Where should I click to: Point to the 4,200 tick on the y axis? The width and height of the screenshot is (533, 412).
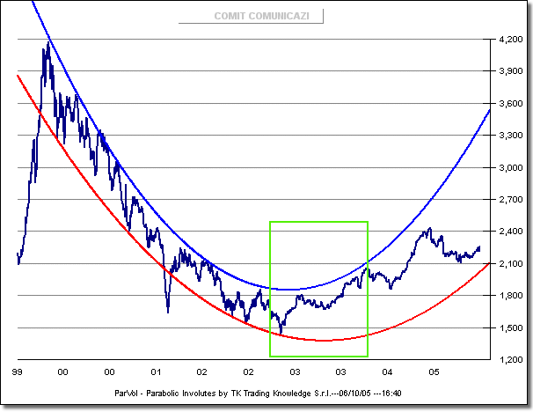coord(510,40)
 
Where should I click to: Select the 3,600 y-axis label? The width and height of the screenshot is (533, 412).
coord(510,104)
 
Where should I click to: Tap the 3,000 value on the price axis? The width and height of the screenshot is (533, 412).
coord(510,167)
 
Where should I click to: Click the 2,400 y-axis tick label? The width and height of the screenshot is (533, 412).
coord(510,232)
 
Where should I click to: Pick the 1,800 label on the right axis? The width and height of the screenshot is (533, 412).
coord(510,296)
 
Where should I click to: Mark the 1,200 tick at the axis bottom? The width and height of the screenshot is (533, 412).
coord(510,360)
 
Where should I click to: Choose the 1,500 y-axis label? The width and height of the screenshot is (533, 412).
coord(510,328)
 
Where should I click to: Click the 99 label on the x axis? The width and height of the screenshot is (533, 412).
coord(17,372)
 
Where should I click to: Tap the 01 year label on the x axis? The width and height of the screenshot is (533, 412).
coord(157,372)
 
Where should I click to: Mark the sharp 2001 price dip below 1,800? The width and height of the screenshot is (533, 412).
coord(167,311)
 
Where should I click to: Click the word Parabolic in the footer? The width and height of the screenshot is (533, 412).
coord(168,393)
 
